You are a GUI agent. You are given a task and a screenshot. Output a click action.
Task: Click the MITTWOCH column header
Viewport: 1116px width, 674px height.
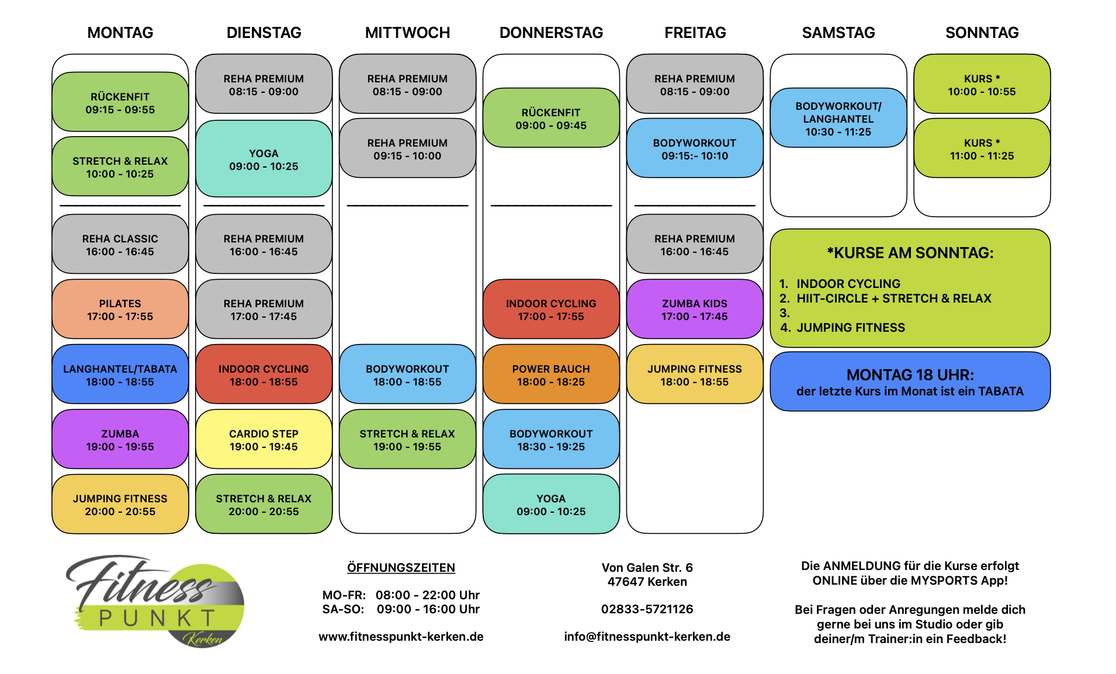click(407, 33)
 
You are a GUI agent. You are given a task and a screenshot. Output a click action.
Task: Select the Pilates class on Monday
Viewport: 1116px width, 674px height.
click(120, 310)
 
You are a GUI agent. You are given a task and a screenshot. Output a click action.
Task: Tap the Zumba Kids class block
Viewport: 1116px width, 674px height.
click(694, 310)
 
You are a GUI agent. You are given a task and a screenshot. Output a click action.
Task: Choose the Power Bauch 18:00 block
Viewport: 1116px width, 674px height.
click(550, 375)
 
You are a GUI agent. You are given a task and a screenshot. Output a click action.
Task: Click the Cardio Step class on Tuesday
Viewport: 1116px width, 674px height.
click(264, 440)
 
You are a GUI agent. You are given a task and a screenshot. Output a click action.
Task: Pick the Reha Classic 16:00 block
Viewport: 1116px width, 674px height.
click(120, 245)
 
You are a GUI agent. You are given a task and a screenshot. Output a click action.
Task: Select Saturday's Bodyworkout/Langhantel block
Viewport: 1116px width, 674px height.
click(838, 119)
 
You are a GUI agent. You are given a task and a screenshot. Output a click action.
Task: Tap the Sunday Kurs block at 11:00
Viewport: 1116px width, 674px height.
click(982, 149)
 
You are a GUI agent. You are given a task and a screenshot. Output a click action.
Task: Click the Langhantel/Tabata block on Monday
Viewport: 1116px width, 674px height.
click(120, 375)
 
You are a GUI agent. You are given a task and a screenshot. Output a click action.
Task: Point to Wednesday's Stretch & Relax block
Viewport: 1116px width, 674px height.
click(407, 440)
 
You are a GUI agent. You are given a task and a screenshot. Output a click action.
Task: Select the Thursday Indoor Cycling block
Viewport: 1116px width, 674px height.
click(550, 310)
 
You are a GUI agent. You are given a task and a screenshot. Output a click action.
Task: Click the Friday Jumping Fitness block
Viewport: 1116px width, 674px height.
click(694, 375)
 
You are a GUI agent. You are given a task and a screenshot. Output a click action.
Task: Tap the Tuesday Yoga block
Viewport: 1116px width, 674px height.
click(264, 159)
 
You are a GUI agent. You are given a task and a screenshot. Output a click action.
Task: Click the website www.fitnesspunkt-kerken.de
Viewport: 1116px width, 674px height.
click(401, 637)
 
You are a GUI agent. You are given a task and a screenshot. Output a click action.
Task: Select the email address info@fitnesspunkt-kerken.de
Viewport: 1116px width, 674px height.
click(647, 637)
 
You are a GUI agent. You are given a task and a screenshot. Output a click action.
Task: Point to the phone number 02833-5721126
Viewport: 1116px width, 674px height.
click(647, 609)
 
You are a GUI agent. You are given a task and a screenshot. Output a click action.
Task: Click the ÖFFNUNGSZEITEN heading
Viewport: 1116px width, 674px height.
click(401, 568)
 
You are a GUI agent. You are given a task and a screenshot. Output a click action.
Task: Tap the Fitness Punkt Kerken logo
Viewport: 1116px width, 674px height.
click(155, 602)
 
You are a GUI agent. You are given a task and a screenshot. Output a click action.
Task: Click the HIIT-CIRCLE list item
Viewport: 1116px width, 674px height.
click(893, 298)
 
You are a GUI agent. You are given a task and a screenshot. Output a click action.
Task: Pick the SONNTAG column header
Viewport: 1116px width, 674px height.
click(982, 33)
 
